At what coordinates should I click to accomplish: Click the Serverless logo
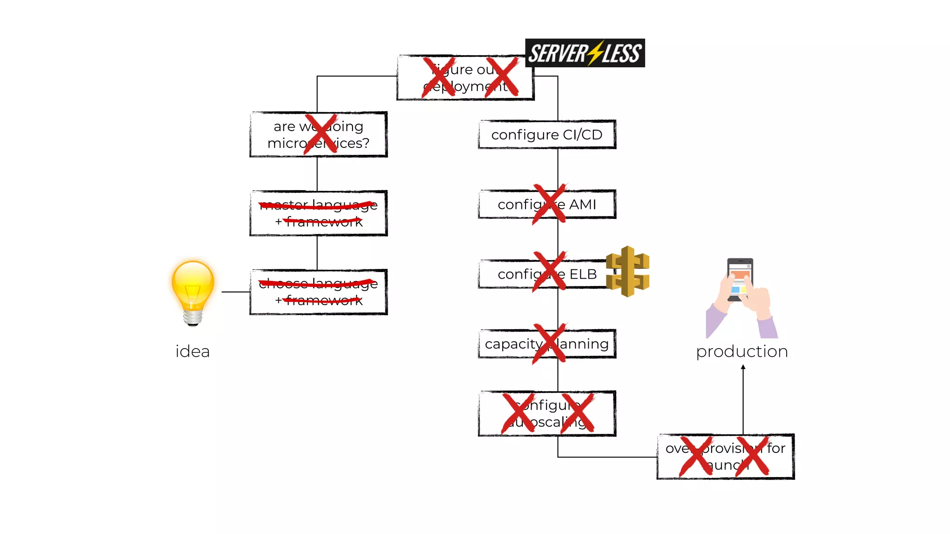coord(584,53)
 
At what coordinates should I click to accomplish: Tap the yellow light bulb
coord(193,290)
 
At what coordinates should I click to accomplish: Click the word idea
coord(193,351)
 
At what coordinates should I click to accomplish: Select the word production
coord(742,351)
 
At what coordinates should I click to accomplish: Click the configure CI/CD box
coord(547,134)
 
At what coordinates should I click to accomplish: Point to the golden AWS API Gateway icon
coord(628,271)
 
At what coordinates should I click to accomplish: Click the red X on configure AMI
coord(549,204)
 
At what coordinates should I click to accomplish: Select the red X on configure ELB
coord(549,272)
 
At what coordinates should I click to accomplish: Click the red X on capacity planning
coord(549,343)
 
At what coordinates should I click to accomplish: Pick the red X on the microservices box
coord(320,134)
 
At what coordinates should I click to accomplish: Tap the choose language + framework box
coord(318,292)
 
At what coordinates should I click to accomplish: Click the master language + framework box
coord(318,213)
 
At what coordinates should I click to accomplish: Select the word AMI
coord(582,204)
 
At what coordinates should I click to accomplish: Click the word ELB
coord(583,274)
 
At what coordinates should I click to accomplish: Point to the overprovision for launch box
coord(725,457)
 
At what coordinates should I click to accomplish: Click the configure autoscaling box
coord(547,413)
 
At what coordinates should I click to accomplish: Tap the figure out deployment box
coord(465,78)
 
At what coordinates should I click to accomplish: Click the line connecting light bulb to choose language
coord(236,292)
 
